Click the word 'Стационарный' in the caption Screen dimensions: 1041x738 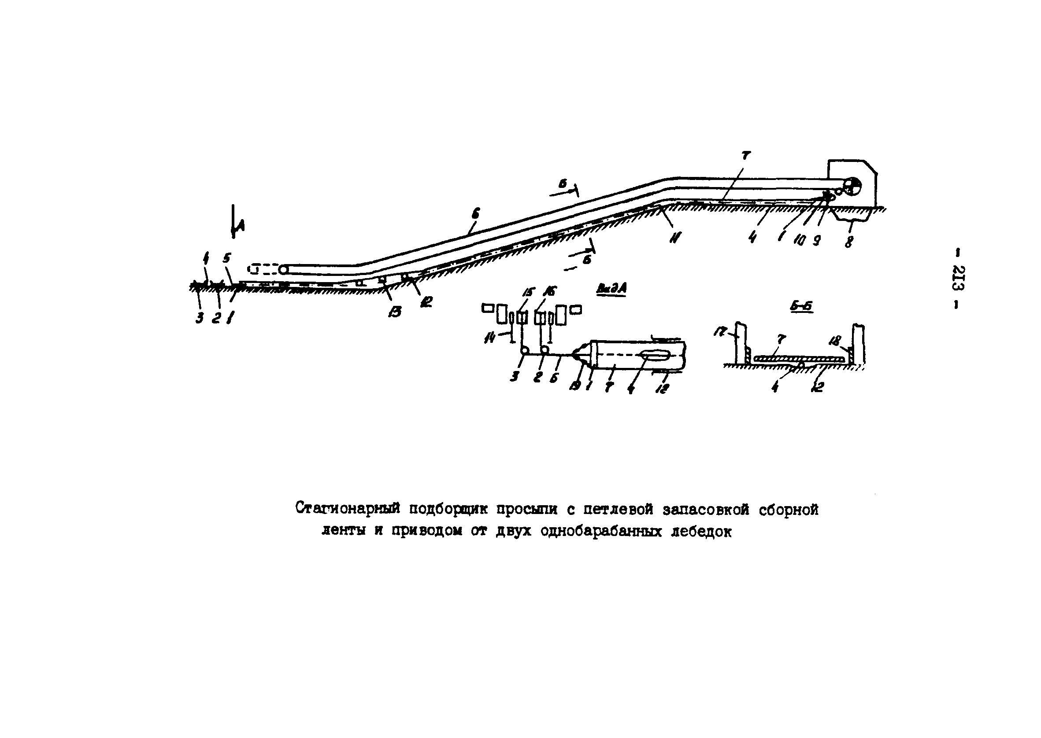pyautogui.click(x=348, y=509)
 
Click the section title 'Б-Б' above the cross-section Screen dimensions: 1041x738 pyautogui.click(x=801, y=307)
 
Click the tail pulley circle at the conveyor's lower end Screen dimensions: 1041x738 pyautogui.click(x=284, y=269)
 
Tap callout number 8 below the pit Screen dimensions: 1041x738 pyautogui.click(x=848, y=240)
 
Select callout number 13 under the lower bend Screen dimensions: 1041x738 pyautogui.click(x=395, y=311)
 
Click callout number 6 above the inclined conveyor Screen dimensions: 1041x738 pyautogui.click(x=475, y=213)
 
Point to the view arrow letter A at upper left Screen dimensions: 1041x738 pyautogui.click(x=241, y=224)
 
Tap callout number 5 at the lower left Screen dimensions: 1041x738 pyautogui.click(x=226, y=258)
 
